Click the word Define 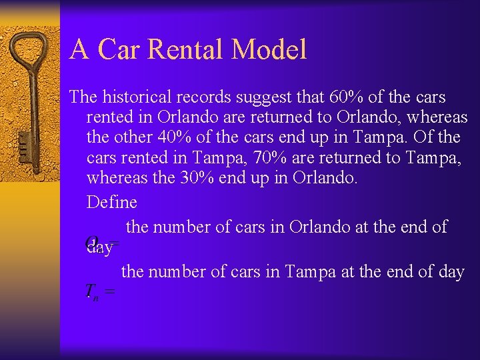tap(111, 202)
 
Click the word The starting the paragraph tap(83, 97)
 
